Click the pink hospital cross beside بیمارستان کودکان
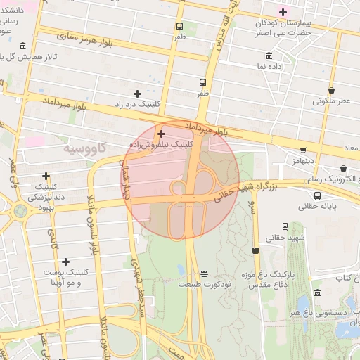coord(283,12)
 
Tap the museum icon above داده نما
coord(269,56)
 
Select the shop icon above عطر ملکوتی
coord(331,90)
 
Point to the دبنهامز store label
coord(300,161)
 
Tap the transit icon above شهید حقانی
coord(285,226)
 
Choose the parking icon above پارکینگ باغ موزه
coord(255,249)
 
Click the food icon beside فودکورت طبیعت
coord(204,274)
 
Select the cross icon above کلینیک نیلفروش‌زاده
coord(161,133)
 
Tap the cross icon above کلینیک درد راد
coord(137,94)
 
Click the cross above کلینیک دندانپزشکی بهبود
coord(46,176)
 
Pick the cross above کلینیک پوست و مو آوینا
coord(65,262)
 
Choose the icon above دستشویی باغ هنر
coord(318,292)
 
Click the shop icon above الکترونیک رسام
coord(343,169)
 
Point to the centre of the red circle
coord(181,180)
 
